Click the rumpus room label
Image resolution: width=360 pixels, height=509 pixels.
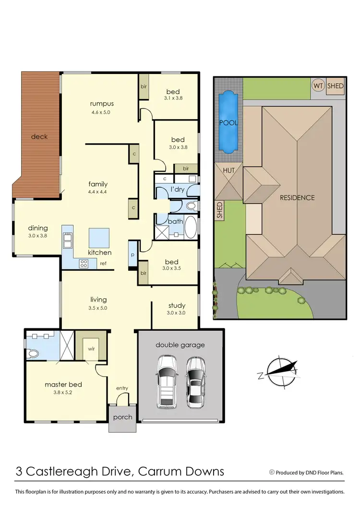tap(101, 103)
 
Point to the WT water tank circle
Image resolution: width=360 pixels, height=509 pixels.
tap(318, 86)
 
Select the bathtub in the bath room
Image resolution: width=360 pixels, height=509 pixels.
tap(191, 228)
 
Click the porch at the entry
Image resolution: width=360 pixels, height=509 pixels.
tap(122, 417)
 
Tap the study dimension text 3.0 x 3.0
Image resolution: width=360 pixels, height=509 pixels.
tap(177, 313)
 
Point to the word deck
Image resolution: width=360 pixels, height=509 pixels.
tap(39, 136)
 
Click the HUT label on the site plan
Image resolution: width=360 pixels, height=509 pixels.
tap(228, 170)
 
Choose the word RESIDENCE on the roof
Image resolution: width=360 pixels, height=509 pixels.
tap(298, 197)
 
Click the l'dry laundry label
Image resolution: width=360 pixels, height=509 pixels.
tap(178, 190)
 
